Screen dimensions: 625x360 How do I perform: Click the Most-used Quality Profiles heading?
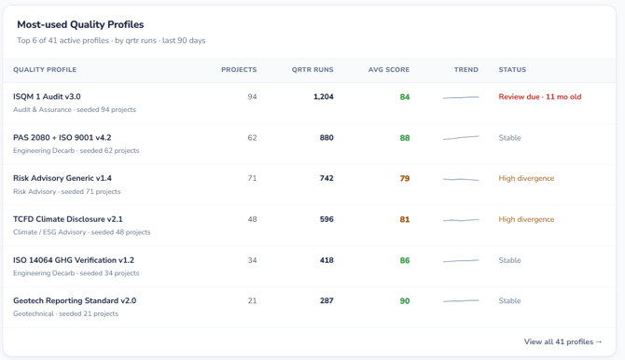point(80,25)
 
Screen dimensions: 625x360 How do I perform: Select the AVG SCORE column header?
point(389,70)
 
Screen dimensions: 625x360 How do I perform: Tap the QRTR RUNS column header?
point(312,70)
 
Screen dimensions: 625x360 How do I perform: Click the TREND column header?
point(466,70)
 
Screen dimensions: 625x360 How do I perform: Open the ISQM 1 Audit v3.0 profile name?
point(47,96)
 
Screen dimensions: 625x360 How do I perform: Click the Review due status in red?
point(540,97)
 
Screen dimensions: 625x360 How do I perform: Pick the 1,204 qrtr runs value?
point(324,97)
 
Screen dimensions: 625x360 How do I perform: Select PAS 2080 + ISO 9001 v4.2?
point(62,137)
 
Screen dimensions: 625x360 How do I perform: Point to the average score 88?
point(405,138)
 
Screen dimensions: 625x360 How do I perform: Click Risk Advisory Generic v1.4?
point(62,178)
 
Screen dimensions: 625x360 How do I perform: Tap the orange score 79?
point(405,179)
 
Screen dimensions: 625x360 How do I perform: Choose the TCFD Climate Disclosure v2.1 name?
point(68,219)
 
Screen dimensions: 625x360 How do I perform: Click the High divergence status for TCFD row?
point(526,219)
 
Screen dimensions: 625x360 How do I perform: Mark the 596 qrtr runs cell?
point(326,219)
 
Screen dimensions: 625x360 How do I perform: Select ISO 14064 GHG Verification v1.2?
point(74,260)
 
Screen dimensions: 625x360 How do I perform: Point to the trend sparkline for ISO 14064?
point(461,261)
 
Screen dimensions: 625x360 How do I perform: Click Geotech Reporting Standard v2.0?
point(75,300)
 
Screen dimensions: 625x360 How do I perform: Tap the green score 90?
point(405,301)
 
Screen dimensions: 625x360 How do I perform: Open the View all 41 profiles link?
point(562,341)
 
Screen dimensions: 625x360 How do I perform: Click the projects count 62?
point(252,138)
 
